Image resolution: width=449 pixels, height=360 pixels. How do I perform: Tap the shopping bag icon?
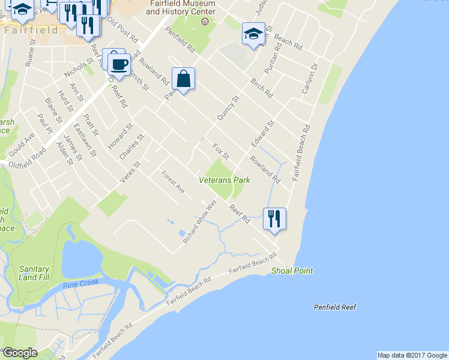tap(184, 79)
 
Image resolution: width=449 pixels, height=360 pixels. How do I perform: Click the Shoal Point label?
tap(292, 271)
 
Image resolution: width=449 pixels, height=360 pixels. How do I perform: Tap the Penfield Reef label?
tap(335, 307)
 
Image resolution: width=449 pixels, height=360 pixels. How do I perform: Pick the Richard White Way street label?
tap(200, 221)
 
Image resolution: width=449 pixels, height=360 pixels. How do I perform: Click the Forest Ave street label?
tap(173, 182)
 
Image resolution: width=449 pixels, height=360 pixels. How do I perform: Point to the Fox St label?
tap(221, 151)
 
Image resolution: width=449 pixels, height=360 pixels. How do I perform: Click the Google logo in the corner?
tap(20, 353)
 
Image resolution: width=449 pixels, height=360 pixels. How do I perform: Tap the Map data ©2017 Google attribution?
tap(412, 355)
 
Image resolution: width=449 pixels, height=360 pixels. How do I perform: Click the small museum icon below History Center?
tap(205, 22)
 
